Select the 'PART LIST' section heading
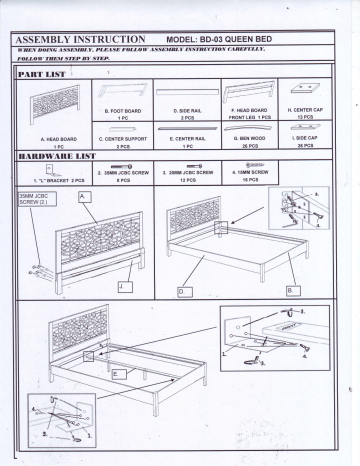click(x=46, y=75)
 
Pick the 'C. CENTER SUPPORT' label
click(x=123, y=138)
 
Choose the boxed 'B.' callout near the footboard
click(x=292, y=289)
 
